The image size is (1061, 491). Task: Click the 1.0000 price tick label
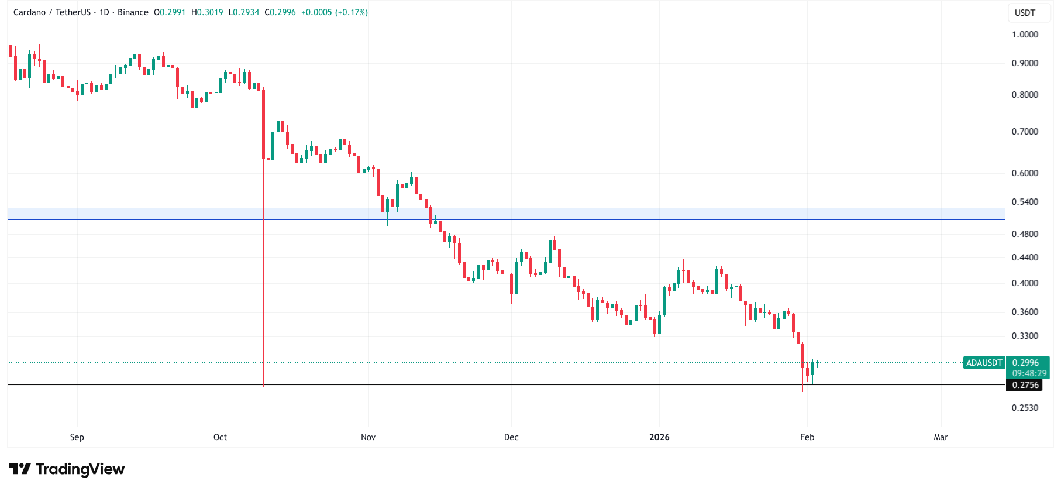[1025, 35]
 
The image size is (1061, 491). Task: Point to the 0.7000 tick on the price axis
[1025, 132]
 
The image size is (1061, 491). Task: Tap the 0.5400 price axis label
[1025, 202]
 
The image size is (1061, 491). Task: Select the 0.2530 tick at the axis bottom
[1025, 408]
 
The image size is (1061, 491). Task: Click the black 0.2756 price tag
[1025, 385]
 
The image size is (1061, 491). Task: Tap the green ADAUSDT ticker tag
[984, 363]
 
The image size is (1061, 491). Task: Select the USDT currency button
[1025, 13]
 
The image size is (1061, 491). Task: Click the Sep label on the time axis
[77, 437]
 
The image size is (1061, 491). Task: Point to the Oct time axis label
[220, 437]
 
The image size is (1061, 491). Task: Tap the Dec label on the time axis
[511, 437]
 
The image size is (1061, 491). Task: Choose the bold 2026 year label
[659, 437]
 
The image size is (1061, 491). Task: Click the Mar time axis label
[941, 437]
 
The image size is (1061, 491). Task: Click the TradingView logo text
[80, 469]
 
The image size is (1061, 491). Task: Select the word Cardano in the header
[29, 12]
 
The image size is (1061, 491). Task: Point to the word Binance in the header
[133, 12]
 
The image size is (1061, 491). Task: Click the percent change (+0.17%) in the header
[352, 12]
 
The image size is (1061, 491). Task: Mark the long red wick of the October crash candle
[264, 293]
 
